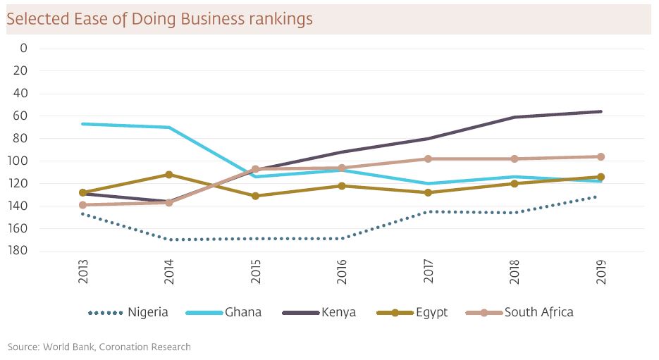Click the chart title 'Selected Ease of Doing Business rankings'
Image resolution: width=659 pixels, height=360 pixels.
159,19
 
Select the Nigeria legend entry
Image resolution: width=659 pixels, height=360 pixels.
147,312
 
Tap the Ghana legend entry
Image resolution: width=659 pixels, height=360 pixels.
243,312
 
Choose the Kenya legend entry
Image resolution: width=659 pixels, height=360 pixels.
338,312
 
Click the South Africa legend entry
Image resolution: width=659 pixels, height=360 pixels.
538,312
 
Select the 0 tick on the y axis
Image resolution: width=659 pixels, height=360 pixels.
23,48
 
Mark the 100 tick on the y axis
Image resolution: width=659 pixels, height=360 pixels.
19,161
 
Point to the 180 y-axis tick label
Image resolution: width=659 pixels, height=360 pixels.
19,251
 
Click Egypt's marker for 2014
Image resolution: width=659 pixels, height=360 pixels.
169,174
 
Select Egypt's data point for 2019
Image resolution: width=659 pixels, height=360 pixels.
601,177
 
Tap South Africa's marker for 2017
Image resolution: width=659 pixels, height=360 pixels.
428,159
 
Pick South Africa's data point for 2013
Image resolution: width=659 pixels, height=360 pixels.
83,205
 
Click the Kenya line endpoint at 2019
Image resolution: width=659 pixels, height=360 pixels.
601,111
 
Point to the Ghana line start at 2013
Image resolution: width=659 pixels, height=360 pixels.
83,124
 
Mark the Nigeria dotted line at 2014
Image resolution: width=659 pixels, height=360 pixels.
169,240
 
